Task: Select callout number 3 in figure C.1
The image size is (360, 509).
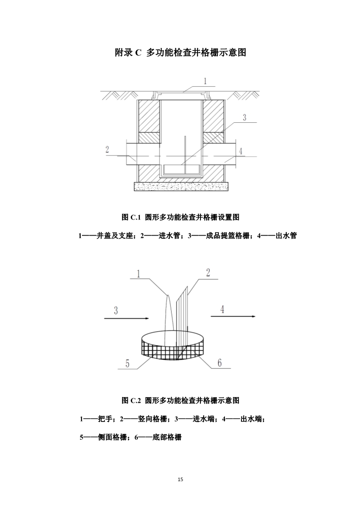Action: (245, 117)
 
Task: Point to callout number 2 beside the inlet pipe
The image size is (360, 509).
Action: (107, 149)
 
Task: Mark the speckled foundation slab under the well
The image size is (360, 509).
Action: (181, 186)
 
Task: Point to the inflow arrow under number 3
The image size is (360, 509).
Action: (126, 318)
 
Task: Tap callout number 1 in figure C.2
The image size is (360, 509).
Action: (138, 273)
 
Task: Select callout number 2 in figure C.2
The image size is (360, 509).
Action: (208, 273)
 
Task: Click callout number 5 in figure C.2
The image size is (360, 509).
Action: (127, 363)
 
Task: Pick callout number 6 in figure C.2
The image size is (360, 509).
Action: (219, 362)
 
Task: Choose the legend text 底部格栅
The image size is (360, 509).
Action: (167, 438)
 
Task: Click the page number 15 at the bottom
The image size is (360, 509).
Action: (180, 479)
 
